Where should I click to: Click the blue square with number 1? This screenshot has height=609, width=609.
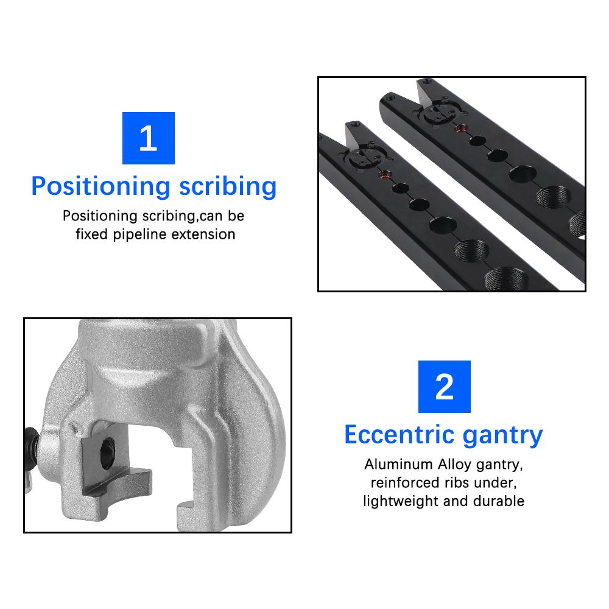[x=148, y=138]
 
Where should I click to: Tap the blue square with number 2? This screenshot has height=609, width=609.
[x=444, y=387]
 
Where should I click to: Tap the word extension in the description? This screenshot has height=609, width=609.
[x=205, y=234]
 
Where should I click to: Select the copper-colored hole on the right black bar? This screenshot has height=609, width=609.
[x=461, y=128]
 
